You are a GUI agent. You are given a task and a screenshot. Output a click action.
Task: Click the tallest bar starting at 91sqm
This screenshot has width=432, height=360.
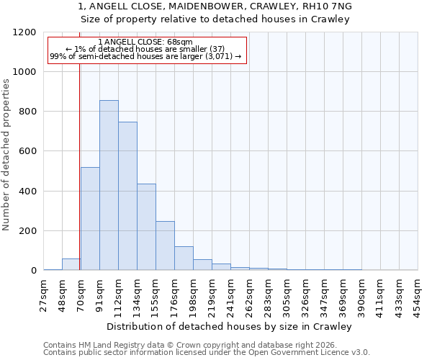[x=109, y=185]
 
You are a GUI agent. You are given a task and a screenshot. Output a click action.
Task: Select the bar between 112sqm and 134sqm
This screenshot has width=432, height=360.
[x=127, y=196]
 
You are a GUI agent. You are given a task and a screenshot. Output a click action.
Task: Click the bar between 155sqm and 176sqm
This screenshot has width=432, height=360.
[x=165, y=246]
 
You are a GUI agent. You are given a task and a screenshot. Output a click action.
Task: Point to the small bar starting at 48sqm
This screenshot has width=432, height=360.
[x=71, y=264]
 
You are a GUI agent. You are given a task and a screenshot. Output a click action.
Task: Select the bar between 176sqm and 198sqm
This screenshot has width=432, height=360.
[x=184, y=258]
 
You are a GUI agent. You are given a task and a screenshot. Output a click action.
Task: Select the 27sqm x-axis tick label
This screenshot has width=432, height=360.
[x=44, y=293]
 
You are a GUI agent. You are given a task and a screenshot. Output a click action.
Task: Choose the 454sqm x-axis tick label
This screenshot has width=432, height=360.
[x=418, y=293]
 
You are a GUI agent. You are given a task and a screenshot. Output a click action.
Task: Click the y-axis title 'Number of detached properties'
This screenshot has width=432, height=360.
[x=6, y=155]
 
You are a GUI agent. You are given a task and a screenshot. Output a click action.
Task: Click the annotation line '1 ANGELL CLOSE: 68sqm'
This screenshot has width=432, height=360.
[x=146, y=42]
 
